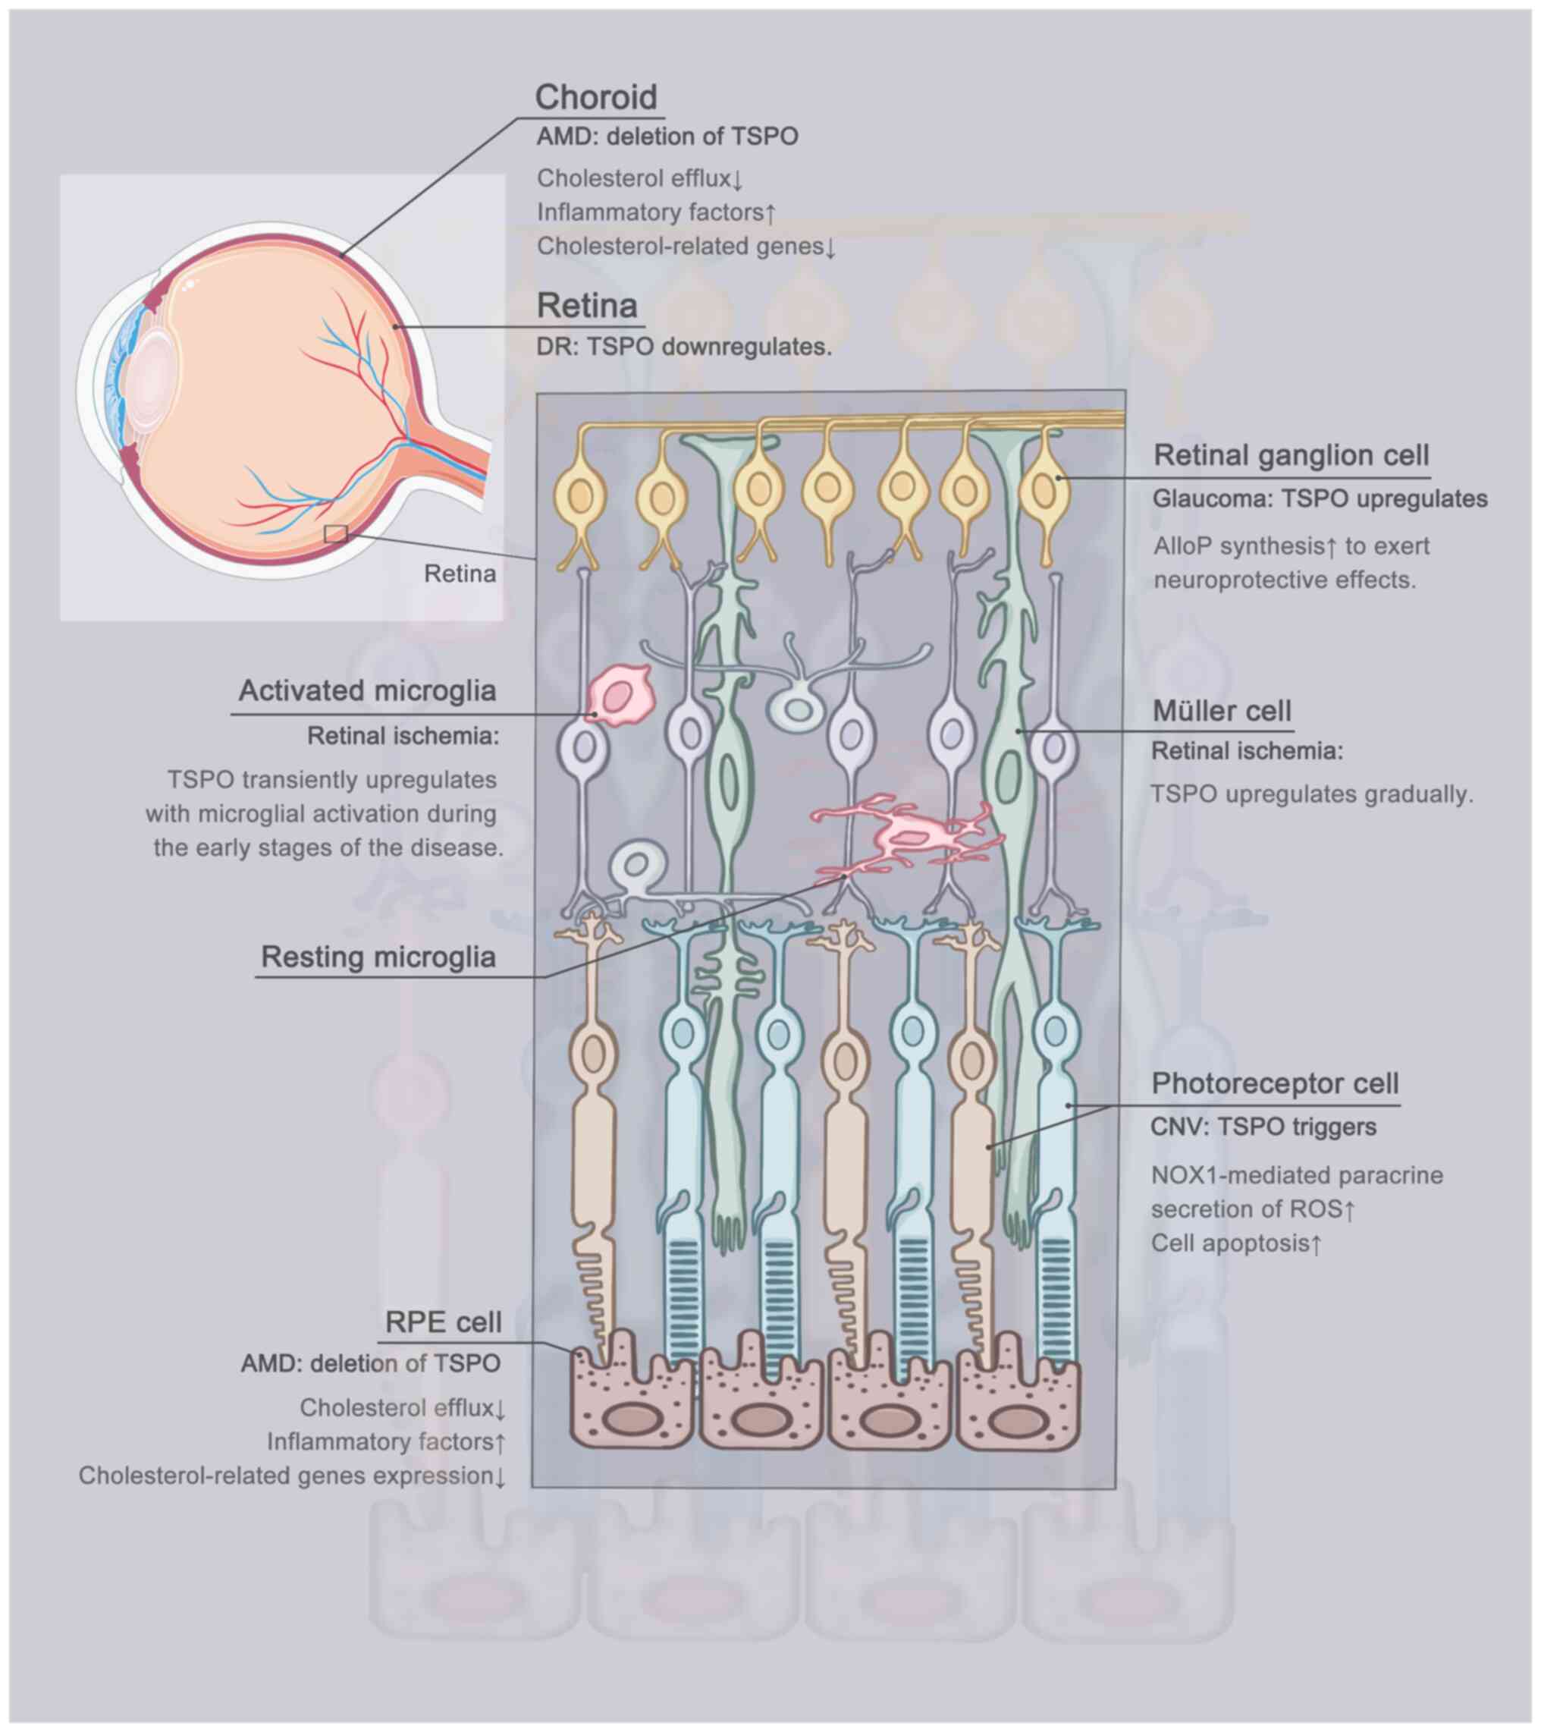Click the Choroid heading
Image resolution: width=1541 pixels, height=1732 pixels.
click(x=595, y=97)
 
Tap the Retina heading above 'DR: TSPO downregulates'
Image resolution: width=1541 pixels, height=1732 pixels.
click(x=586, y=306)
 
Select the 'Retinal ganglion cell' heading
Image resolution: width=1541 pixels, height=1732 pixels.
click(x=1291, y=456)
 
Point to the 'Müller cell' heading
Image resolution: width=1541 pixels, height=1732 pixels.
click(x=1222, y=711)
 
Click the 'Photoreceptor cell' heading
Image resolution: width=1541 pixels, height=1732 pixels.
click(x=1274, y=1083)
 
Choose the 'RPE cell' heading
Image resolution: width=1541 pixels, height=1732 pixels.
click(x=442, y=1321)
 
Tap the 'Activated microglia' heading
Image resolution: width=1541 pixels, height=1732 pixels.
click(x=367, y=690)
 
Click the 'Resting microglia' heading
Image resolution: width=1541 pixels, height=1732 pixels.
click(x=378, y=957)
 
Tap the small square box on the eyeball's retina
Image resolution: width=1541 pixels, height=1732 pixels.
click(x=335, y=533)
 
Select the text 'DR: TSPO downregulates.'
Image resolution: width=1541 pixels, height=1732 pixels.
click(x=683, y=347)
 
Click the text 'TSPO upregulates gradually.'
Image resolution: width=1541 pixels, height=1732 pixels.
click(x=1311, y=795)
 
